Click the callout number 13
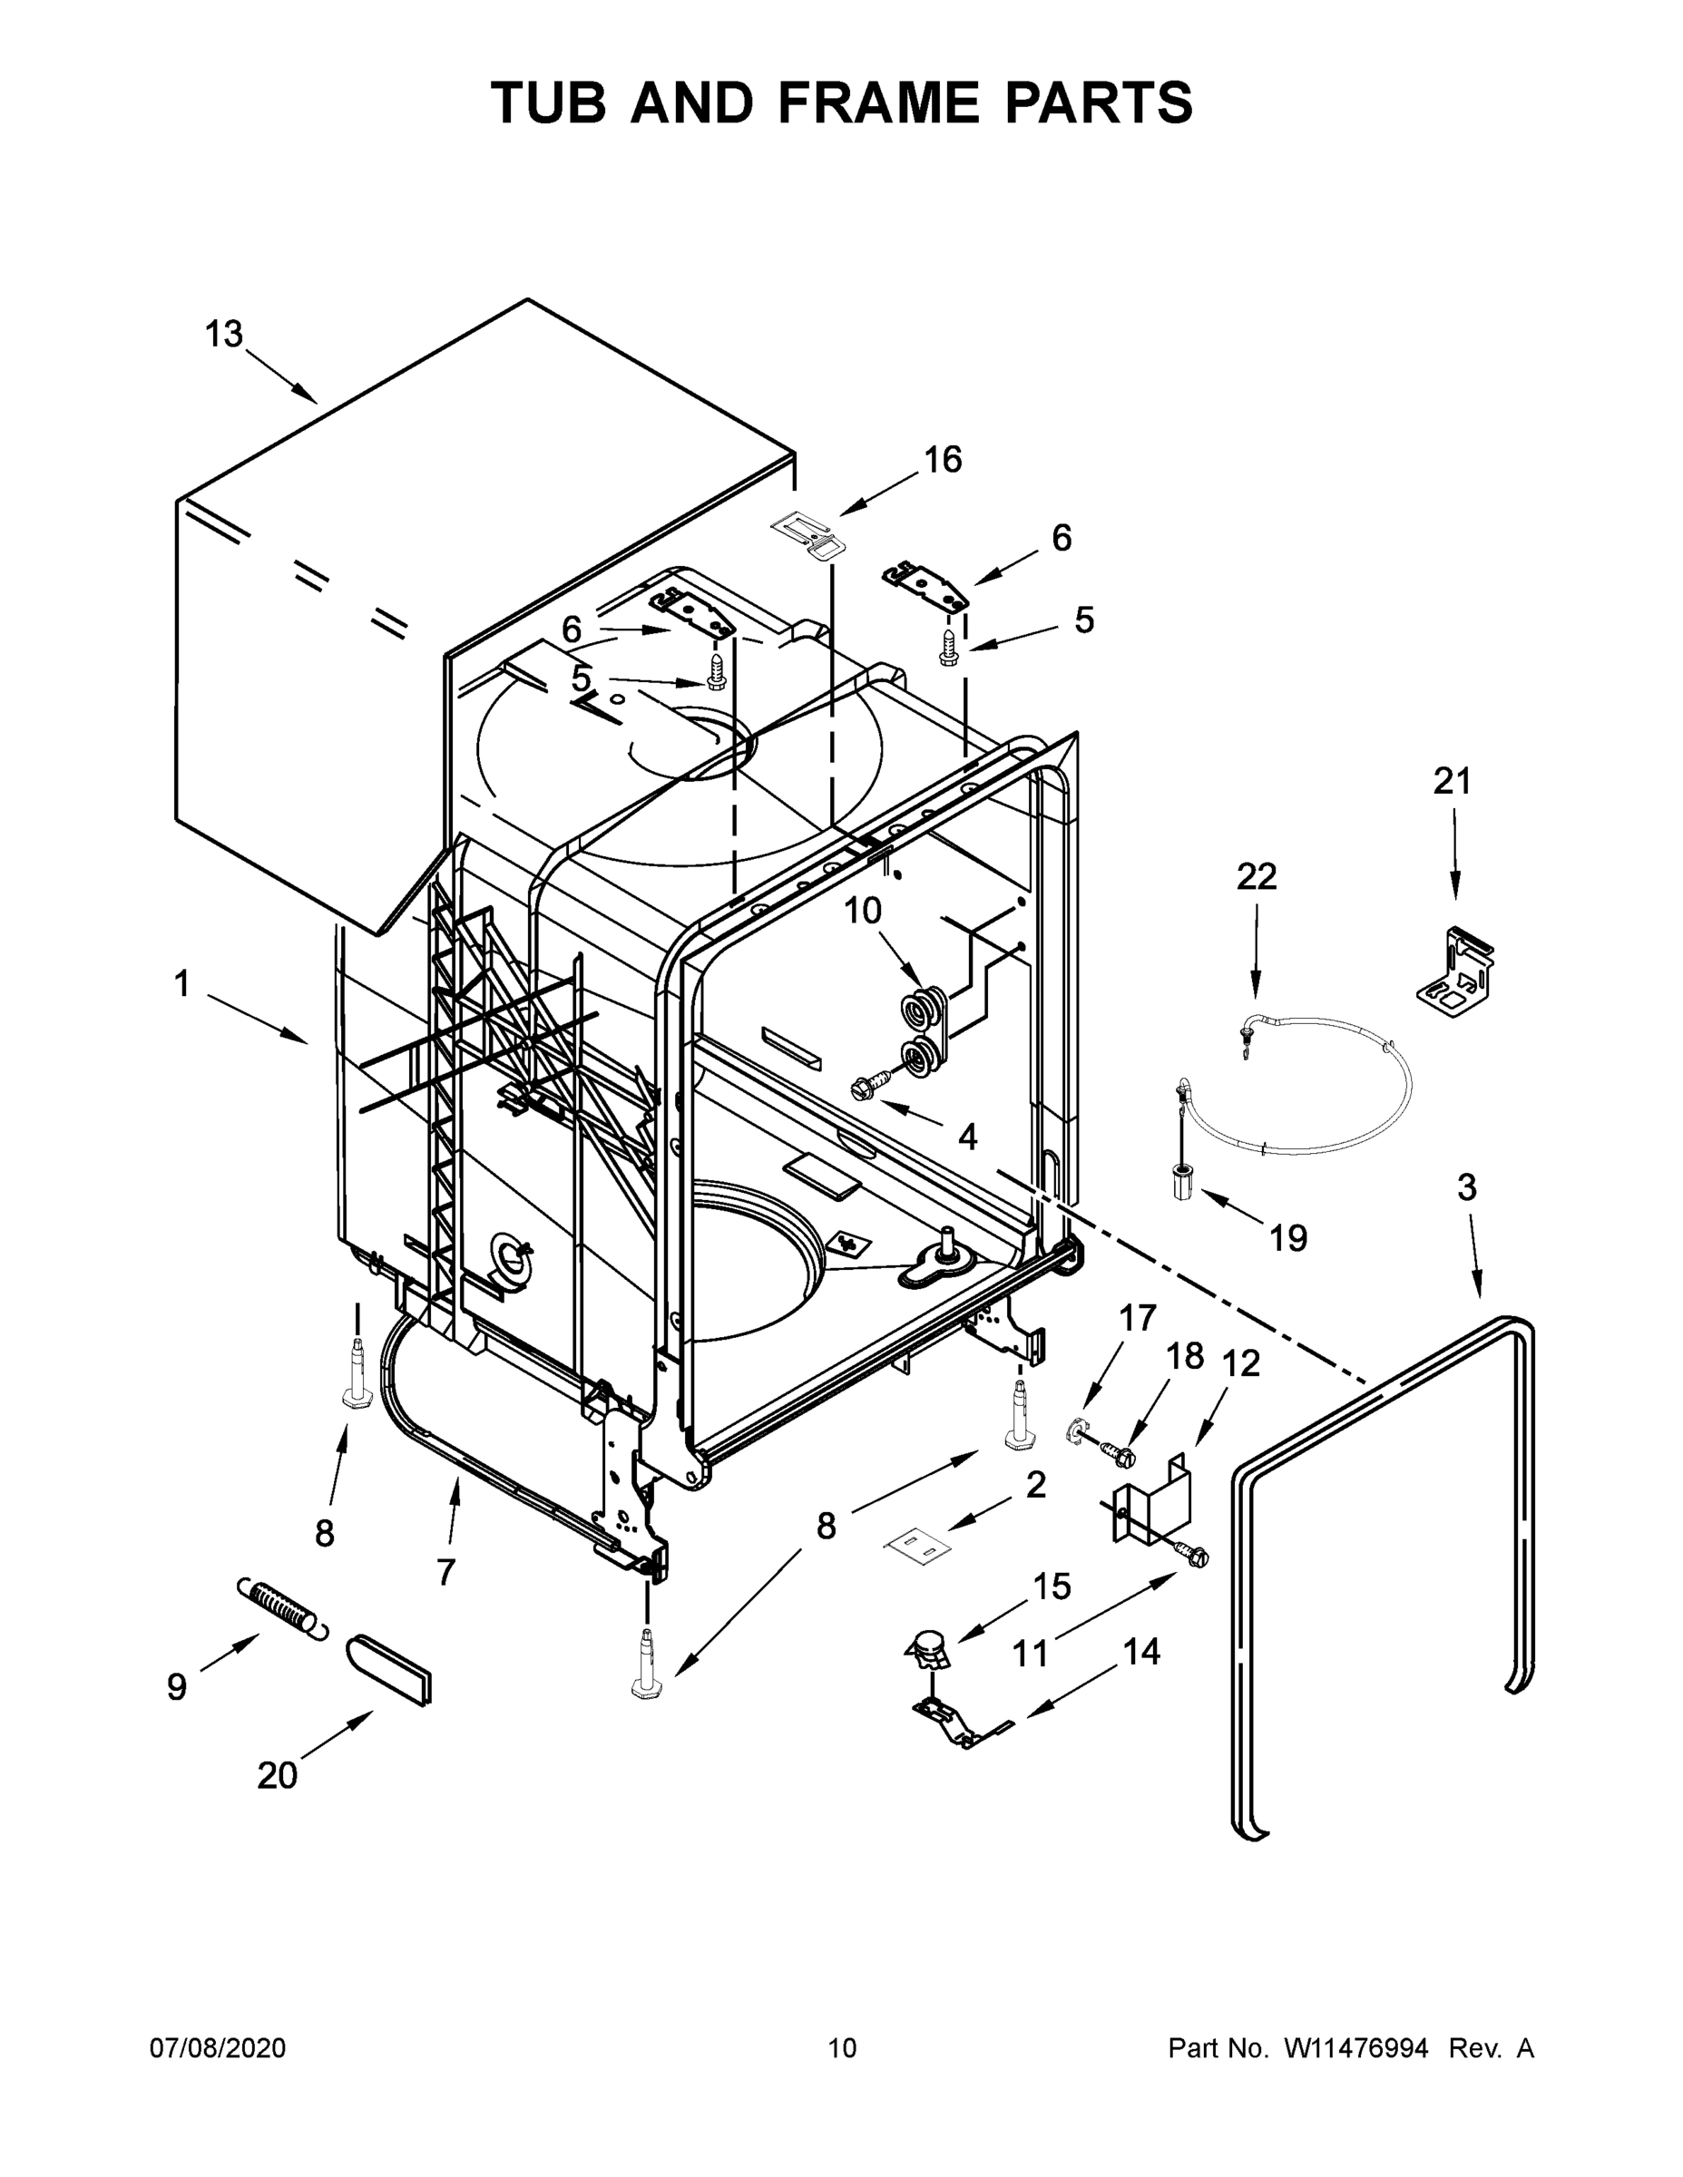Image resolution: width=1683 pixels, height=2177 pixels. pos(224,335)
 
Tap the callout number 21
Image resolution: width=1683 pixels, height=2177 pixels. pos(1452,782)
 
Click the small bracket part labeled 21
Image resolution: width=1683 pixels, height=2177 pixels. pos(1455,973)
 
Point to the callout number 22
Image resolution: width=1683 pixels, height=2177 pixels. pos(1257,877)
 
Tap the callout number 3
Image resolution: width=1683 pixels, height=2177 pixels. pos(1467,1187)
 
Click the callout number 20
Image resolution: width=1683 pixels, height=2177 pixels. pos(278,1775)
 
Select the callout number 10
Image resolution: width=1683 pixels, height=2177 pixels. pos(864,910)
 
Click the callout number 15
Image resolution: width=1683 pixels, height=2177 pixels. pos(1052,1586)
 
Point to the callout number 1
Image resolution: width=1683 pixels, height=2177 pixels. pos(181,985)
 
